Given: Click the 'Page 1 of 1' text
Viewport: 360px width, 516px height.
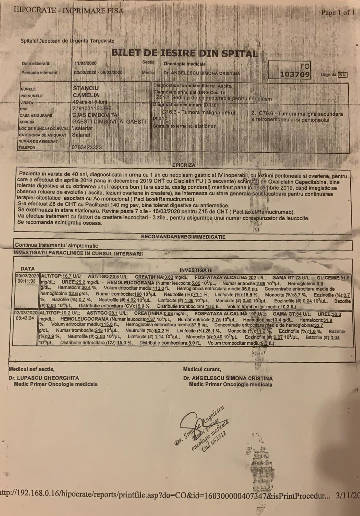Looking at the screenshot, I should pyautogui.click(x=338, y=13).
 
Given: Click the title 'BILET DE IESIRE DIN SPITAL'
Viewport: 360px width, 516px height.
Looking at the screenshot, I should pyautogui.click(x=184, y=53).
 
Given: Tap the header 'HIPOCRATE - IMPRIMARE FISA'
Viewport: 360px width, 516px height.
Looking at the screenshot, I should pyautogui.click(x=68, y=10).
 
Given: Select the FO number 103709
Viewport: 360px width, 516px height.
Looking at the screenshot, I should pyautogui.click(x=295, y=74).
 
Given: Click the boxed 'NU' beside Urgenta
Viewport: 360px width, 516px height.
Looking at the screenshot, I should pyautogui.click(x=342, y=75).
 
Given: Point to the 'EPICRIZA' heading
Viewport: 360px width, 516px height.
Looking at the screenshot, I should pyautogui.click(x=184, y=165).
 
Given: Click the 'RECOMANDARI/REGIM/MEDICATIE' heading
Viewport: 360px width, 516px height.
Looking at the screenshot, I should pyautogui.click(x=183, y=237).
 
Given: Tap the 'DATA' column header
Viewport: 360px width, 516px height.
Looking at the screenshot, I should pyautogui.click(x=27, y=269).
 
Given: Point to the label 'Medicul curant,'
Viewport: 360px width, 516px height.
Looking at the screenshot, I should pyautogui.click(x=202, y=369).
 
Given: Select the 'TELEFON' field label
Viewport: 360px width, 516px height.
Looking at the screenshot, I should pyautogui.click(x=28, y=148).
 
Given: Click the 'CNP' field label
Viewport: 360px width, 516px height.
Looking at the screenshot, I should pyautogui.click(x=24, y=109).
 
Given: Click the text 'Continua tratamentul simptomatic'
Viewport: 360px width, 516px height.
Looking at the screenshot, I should pyautogui.click(x=56, y=245).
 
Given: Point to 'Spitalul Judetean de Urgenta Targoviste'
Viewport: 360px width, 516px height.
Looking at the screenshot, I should pyautogui.click(x=67, y=41).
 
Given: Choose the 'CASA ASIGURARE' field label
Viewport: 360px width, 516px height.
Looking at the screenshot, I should pyautogui.click(x=36, y=115).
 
